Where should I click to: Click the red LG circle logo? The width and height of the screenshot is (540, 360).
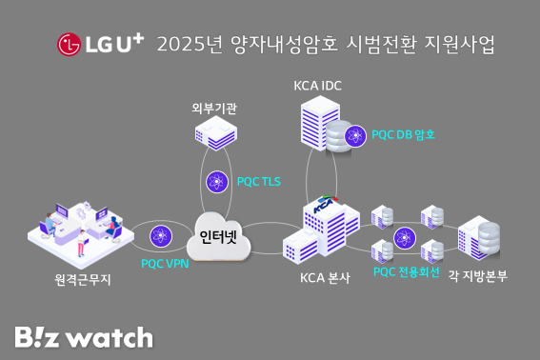click(x=69, y=44)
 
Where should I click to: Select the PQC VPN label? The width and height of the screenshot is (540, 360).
click(x=165, y=262)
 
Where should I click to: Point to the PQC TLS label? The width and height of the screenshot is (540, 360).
click(x=258, y=181)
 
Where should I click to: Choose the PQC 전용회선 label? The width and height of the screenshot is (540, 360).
click(x=407, y=272)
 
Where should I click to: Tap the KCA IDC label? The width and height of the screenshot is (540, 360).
click(x=317, y=86)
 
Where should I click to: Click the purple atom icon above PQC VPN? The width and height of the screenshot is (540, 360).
click(x=158, y=234)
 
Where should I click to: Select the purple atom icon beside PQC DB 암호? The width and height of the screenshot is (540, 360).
click(x=355, y=134)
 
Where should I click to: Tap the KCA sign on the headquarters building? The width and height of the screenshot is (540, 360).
click(x=327, y=205)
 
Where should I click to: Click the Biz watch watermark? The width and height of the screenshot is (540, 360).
click(x=83, y=336)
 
